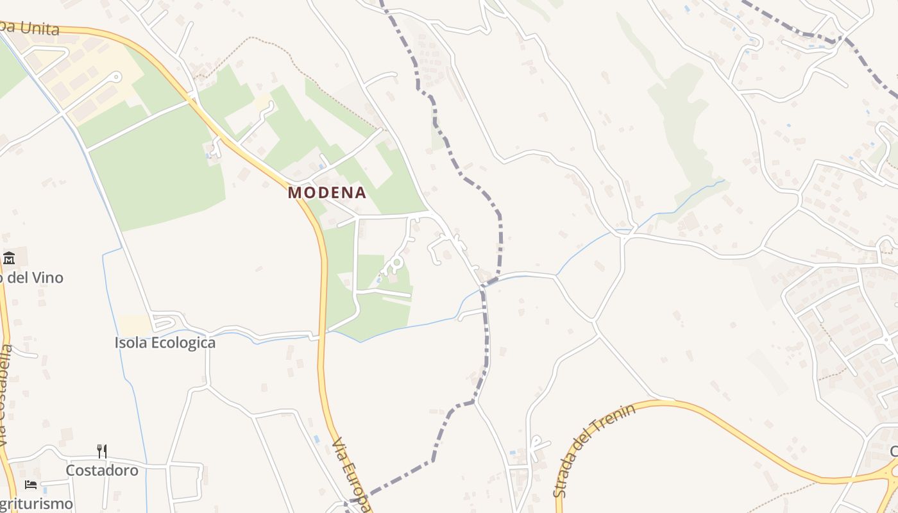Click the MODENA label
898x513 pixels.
coord(327,192)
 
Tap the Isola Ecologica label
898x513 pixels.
coord(165,342)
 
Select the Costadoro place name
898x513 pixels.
coord(102,470)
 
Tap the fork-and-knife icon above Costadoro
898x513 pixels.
coord(102,451)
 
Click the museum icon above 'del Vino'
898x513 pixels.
coord(9,258)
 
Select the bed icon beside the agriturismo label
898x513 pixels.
coord(30,484)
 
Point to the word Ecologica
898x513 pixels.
coord(183,342)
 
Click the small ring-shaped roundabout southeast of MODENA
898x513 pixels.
coord(396,262)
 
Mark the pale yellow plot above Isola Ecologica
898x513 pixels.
coord(135,324)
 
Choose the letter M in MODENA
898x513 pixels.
coord(294,192)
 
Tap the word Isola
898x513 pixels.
coord(131,342)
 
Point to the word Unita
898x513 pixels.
coord(39,28)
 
